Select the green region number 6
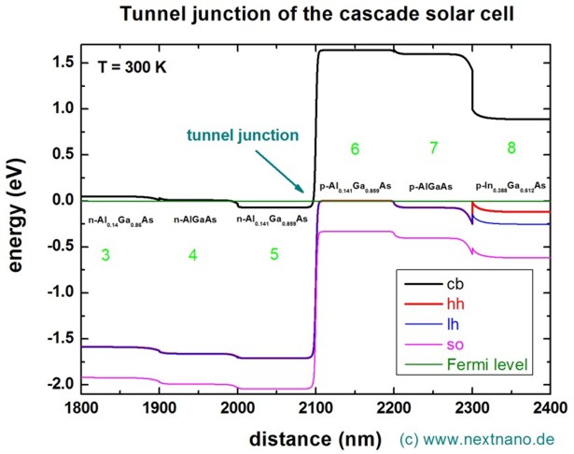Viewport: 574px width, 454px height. pos(355,149)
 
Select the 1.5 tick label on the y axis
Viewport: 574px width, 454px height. pos(60,63)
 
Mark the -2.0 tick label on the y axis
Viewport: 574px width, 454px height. pos(57,384)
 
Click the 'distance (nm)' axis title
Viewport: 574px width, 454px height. pos(316,436)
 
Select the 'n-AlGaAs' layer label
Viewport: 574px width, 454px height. pos(193,220)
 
